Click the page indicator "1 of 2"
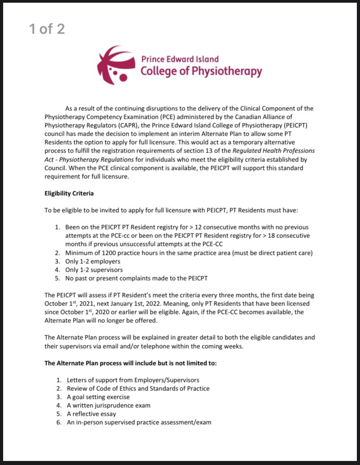(47, 29)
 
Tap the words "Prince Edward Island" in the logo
(180, 59)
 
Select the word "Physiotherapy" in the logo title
(227, 71)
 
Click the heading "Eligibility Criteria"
(69, 193)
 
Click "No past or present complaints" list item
(112, 278)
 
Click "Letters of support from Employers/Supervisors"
(133, 380)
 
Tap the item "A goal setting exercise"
(98, 397)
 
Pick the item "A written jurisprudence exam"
(108, 405)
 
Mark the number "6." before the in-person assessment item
(59, 422)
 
